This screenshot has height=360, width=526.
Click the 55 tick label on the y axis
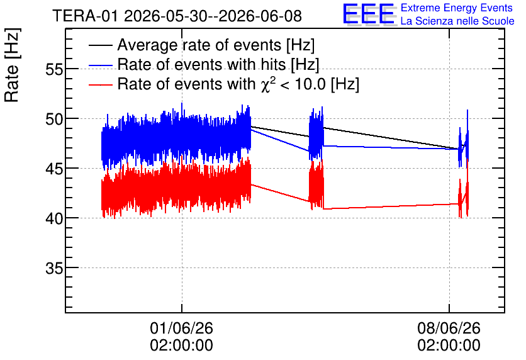point(54,70)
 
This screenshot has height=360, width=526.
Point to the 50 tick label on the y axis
point(54,120)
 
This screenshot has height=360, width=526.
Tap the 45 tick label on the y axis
point(54,169)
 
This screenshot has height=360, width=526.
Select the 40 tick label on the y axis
point(54,219)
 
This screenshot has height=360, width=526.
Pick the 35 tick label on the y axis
point(54,268)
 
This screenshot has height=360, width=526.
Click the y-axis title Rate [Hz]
point(12,65)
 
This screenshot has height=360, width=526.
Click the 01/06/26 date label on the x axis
point(181,328)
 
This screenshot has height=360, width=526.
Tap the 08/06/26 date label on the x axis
point(449,328)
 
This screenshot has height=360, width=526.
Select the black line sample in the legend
point(100,45)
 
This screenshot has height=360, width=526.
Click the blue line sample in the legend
point(100,65)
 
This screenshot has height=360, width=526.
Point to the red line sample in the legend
point(100,85)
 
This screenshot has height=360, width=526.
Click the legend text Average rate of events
point(199,45)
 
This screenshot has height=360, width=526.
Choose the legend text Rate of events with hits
point(201,64)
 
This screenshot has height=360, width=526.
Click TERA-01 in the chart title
point(85,16)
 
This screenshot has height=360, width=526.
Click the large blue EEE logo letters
point(369,14)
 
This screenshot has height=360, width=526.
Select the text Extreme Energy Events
point(457,8)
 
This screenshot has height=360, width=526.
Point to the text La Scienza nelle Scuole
point(457,21)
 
